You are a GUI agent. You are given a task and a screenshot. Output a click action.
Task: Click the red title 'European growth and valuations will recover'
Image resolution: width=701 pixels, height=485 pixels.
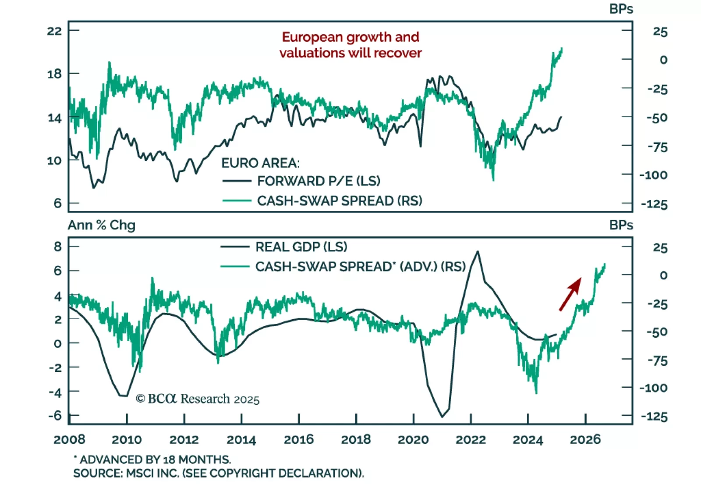(350, 45)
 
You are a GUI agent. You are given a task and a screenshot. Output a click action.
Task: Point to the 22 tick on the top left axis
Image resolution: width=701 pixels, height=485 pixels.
(54, 31)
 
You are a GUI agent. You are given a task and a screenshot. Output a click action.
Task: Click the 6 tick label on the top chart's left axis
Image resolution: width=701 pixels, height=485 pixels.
(57, 203)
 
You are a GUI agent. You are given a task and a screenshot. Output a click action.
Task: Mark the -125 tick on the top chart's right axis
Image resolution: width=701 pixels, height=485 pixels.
(654, 204)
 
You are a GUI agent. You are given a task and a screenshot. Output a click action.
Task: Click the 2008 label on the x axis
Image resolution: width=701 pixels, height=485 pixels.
(69, 439)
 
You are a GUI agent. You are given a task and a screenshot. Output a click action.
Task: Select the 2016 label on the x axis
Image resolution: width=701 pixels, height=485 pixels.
(299, 439)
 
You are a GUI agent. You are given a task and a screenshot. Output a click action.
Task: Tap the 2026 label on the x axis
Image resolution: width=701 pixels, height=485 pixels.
(585, 439)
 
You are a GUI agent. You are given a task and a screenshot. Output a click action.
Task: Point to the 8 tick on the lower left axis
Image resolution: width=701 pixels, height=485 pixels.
(57, 246)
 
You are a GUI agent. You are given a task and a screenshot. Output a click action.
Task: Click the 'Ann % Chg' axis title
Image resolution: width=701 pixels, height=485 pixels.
(102, 225)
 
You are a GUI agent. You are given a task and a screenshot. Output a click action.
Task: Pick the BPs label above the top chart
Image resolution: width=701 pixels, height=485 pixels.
(621, 9)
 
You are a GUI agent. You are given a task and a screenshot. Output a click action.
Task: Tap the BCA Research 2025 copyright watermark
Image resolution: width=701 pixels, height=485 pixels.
(198, 399)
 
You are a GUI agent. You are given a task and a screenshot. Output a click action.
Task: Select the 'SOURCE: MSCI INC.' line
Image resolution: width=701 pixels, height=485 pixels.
(218, 473)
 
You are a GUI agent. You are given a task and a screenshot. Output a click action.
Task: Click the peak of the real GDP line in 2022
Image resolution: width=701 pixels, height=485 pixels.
(478, 251)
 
